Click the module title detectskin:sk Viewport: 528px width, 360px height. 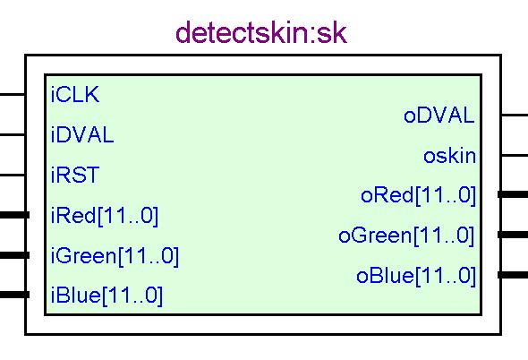pos(261,33)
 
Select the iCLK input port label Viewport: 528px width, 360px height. pos(75,94)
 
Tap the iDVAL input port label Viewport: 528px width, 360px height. pos(82,135)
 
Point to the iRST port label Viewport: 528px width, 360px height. pos(75,175)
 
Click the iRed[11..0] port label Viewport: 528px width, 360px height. pos(105,216)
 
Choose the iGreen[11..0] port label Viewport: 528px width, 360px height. pos(115,256)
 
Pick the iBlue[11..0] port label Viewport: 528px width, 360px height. pos(106,296)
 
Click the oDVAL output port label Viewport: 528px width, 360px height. pos(439,116)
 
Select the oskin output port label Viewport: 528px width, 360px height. pos(449,156)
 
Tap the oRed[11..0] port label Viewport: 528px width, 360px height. pos(418,195)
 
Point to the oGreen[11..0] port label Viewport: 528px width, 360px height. pos(407,236)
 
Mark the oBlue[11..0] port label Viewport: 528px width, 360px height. pos(416,276)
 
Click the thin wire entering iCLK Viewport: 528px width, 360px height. pos(13,94)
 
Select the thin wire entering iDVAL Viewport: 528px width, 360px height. pos(13,135)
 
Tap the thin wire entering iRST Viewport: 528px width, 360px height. pos(13,175)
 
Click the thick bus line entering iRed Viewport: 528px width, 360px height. pos(15,215)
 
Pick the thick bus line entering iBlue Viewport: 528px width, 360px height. pos(15,295)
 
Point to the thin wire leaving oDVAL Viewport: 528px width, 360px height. pos(515,115)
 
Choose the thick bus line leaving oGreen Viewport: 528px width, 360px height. pos(513,235)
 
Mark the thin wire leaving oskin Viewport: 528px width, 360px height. pos(515,155)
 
